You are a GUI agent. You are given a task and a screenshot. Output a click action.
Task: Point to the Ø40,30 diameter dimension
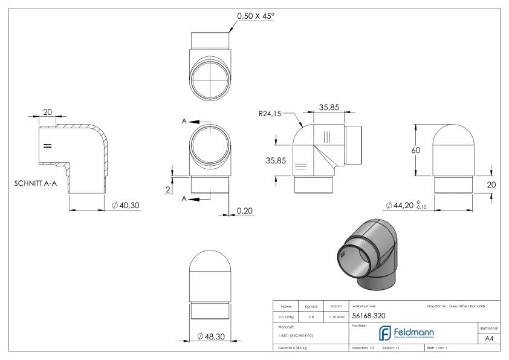tap(126, 206)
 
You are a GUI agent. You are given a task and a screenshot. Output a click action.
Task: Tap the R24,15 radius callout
tap(270, 112)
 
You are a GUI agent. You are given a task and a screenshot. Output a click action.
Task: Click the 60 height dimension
tap(416, 150)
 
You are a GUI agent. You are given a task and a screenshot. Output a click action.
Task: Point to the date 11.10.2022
tap(336, 316)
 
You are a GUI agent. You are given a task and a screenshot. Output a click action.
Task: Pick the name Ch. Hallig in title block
tap(288, 316)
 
